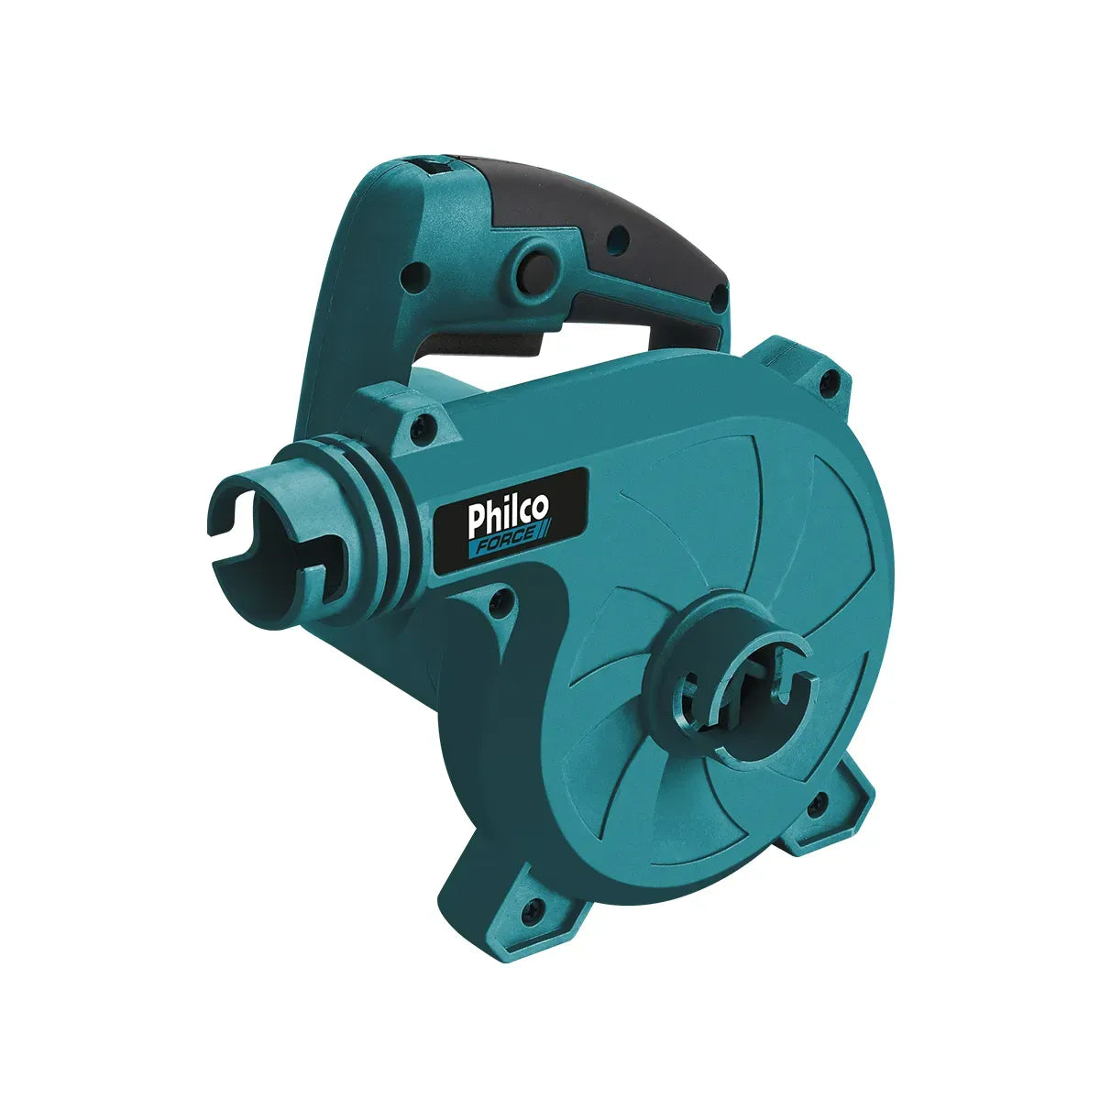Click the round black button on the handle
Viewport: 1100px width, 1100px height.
(531, 267)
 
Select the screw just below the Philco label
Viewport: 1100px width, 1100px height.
(499, 600)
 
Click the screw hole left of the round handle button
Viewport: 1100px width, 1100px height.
(418, 273)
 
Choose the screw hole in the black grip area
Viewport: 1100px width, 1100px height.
(617, 240)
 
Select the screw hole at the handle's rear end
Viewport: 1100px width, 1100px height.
(719, 296)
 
